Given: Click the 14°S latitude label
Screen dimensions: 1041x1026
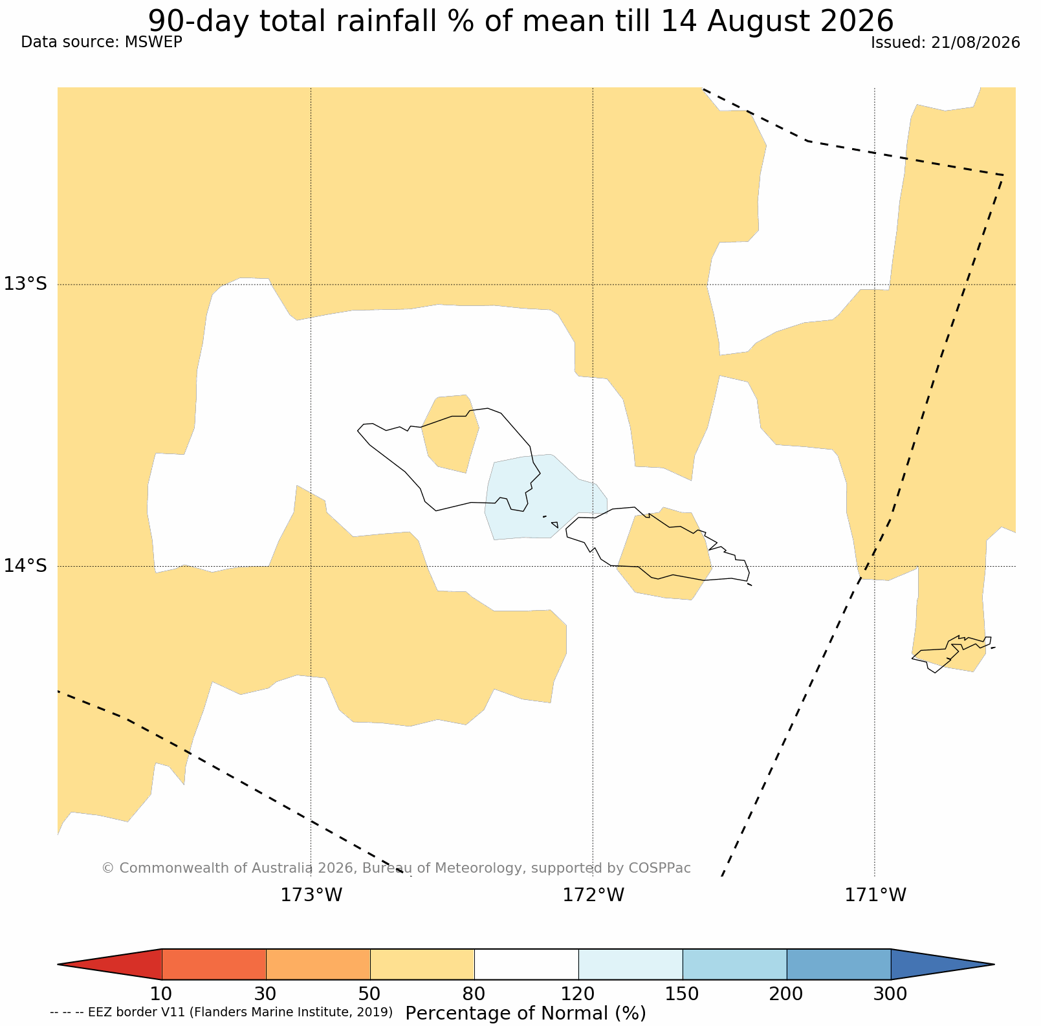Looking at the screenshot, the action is coord(25,565).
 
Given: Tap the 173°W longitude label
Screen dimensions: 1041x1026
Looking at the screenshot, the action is coord(311,895).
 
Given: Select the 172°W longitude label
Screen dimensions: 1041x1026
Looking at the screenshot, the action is coord(593,895).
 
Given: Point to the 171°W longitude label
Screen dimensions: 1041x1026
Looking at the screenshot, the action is coord(875,895).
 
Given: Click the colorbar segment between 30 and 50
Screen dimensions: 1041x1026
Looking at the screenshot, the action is coord(318,965).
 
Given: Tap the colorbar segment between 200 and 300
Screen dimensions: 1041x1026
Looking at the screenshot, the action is coord(838,965).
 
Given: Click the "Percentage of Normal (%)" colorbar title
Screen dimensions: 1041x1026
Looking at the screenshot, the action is coord(525,1013).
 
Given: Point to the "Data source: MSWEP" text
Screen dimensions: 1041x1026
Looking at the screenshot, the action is coord(102,42).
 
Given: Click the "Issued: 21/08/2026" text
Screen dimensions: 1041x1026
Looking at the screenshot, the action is coord(945,43).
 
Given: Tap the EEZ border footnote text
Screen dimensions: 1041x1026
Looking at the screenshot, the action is coord(221,1012).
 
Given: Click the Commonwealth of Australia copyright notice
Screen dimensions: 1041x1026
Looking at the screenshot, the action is coord(396,868).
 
